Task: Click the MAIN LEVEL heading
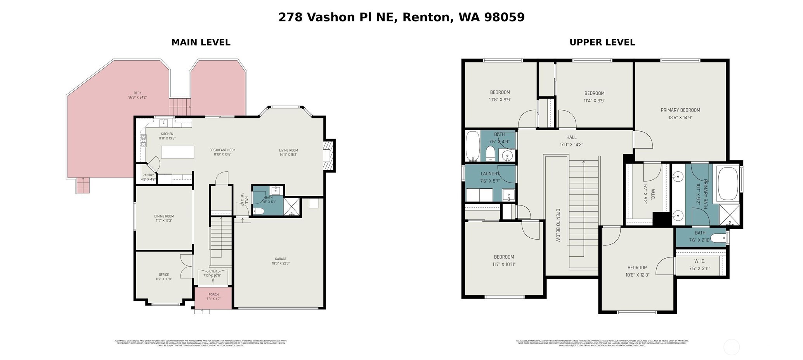[201, 42]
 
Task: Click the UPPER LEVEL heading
[602, 42]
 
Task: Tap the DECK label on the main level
[137, 93]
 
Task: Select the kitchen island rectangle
[177, 152]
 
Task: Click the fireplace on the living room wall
[329, 155]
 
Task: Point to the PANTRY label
[148, 175]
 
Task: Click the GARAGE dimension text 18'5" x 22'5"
[281, 264]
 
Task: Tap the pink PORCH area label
[213, 295]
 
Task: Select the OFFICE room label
[164, 275]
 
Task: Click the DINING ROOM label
[164, 216]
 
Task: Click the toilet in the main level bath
[258, 211]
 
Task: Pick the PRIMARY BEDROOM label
[680, 110]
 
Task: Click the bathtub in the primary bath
[728, 184]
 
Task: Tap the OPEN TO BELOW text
[558, 225]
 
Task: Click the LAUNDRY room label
[490, 174]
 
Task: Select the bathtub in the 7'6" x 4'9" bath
[472, 146]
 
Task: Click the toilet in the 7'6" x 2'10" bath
[719, 238]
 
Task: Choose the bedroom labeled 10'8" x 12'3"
[637, 268]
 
